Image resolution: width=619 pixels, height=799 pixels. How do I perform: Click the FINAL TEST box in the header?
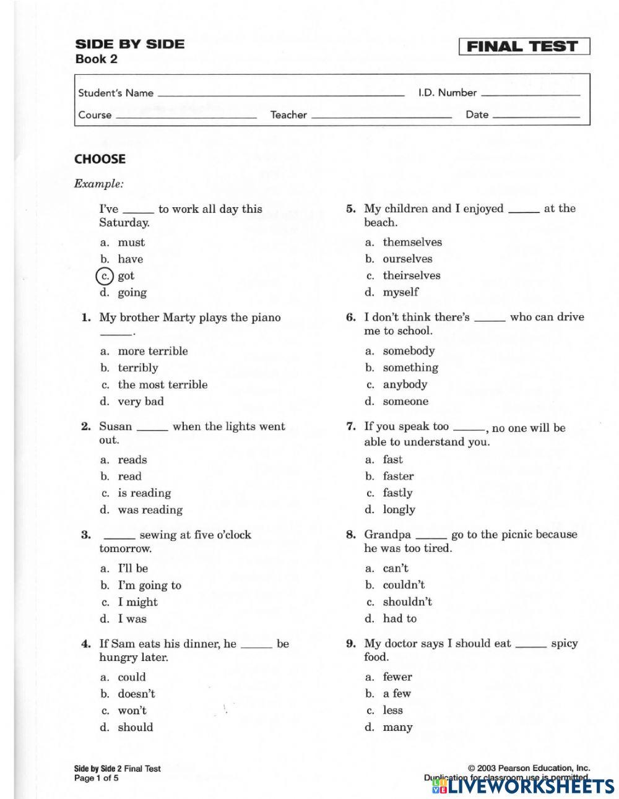[x=524, y=46]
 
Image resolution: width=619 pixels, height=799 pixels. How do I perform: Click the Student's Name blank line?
[x=280, y=95]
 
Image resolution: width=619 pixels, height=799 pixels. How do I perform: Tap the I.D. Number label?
[x=447, y=93]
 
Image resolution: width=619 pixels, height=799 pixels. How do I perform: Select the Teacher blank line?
[x=381, y=116]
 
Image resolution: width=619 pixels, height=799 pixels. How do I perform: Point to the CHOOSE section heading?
[x=100, y=159]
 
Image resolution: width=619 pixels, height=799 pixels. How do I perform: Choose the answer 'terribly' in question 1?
[x=137, y=368]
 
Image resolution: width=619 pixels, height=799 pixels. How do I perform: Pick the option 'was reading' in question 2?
[x=150, y=510]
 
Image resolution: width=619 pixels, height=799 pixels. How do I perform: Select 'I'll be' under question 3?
[x=132, y=568]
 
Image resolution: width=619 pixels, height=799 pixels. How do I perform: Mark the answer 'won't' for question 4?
[x=132, y=710]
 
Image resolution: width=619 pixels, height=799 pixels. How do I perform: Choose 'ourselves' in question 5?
[x=407, y=259]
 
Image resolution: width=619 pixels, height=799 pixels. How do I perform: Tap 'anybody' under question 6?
[x=405, y=384]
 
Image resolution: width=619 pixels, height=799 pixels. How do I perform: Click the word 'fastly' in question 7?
[x=397, y=493]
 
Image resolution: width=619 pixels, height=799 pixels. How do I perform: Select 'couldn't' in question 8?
[x=404, y=585]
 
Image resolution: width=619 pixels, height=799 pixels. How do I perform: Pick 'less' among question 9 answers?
[x=392, y=710]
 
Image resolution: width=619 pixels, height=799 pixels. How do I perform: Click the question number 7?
[x=350, y=426]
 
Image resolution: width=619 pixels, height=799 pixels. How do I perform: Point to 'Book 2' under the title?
[x=96, y=59]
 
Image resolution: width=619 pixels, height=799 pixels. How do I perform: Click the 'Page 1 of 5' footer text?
[x=96, y=778]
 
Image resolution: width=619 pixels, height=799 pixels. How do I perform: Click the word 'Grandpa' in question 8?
[x=387, y=535]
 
